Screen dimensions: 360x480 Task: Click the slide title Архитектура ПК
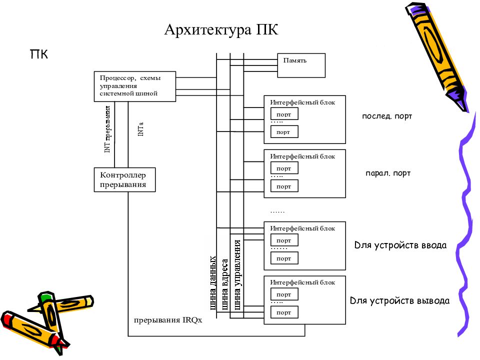tap(221, 30)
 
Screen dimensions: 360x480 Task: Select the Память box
tap(301, 65)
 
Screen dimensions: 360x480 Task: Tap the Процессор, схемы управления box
tap(134, 86)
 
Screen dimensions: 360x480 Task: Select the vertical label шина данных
tap(213, 283)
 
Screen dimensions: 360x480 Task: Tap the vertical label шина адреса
tap(225, 285)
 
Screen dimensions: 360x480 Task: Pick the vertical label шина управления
tap(238, 275)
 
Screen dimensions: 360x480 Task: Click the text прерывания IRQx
tap(167, 320)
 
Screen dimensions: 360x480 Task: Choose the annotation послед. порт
tap(387, 116)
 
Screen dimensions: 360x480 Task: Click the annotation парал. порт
tap(388, 173)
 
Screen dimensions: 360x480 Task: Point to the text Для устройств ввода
tap(400, 245)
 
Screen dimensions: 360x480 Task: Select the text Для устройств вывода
tap(399, 301)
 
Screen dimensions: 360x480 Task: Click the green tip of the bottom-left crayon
tap(45, 298)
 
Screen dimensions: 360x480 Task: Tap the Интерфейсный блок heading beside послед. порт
tap(302, 102)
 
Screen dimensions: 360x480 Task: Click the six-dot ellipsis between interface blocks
tap(277, 212)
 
